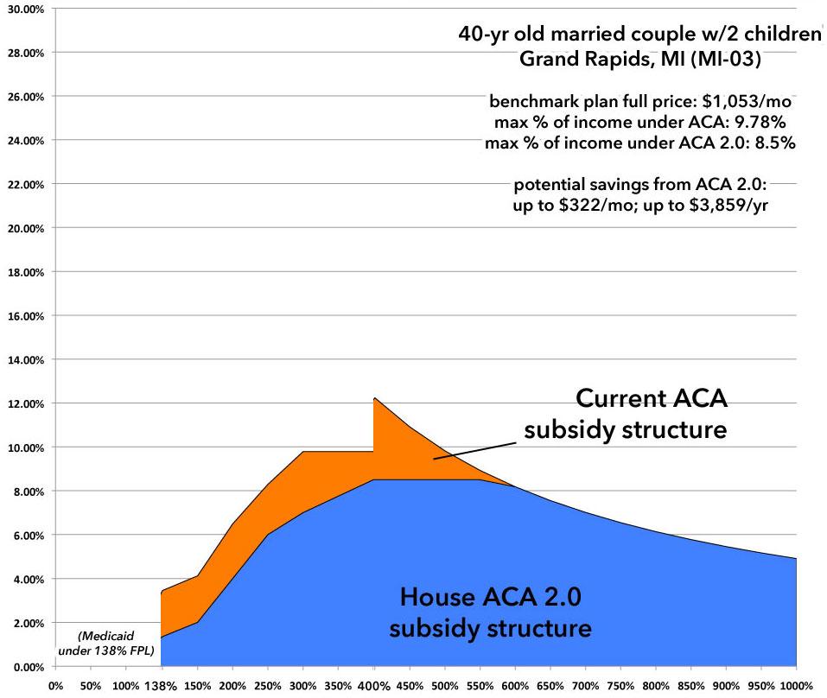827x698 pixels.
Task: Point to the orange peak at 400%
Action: pyautogui.click(x=374, y=399)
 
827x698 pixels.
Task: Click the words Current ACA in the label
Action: pyautogui.click(x=652, y=398)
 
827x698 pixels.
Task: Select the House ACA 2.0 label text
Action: pyautogui.click(x=490, y=597)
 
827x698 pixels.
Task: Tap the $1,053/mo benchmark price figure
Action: pyautogui.click(x=748, y=101)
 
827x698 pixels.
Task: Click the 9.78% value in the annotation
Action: pyautogui.click(x=765, y=122)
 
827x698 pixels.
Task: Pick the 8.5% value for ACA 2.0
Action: pyautogui.click(x=776, y=143)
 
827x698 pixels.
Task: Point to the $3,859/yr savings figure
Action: pyautogui.click(x=754, y=205)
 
